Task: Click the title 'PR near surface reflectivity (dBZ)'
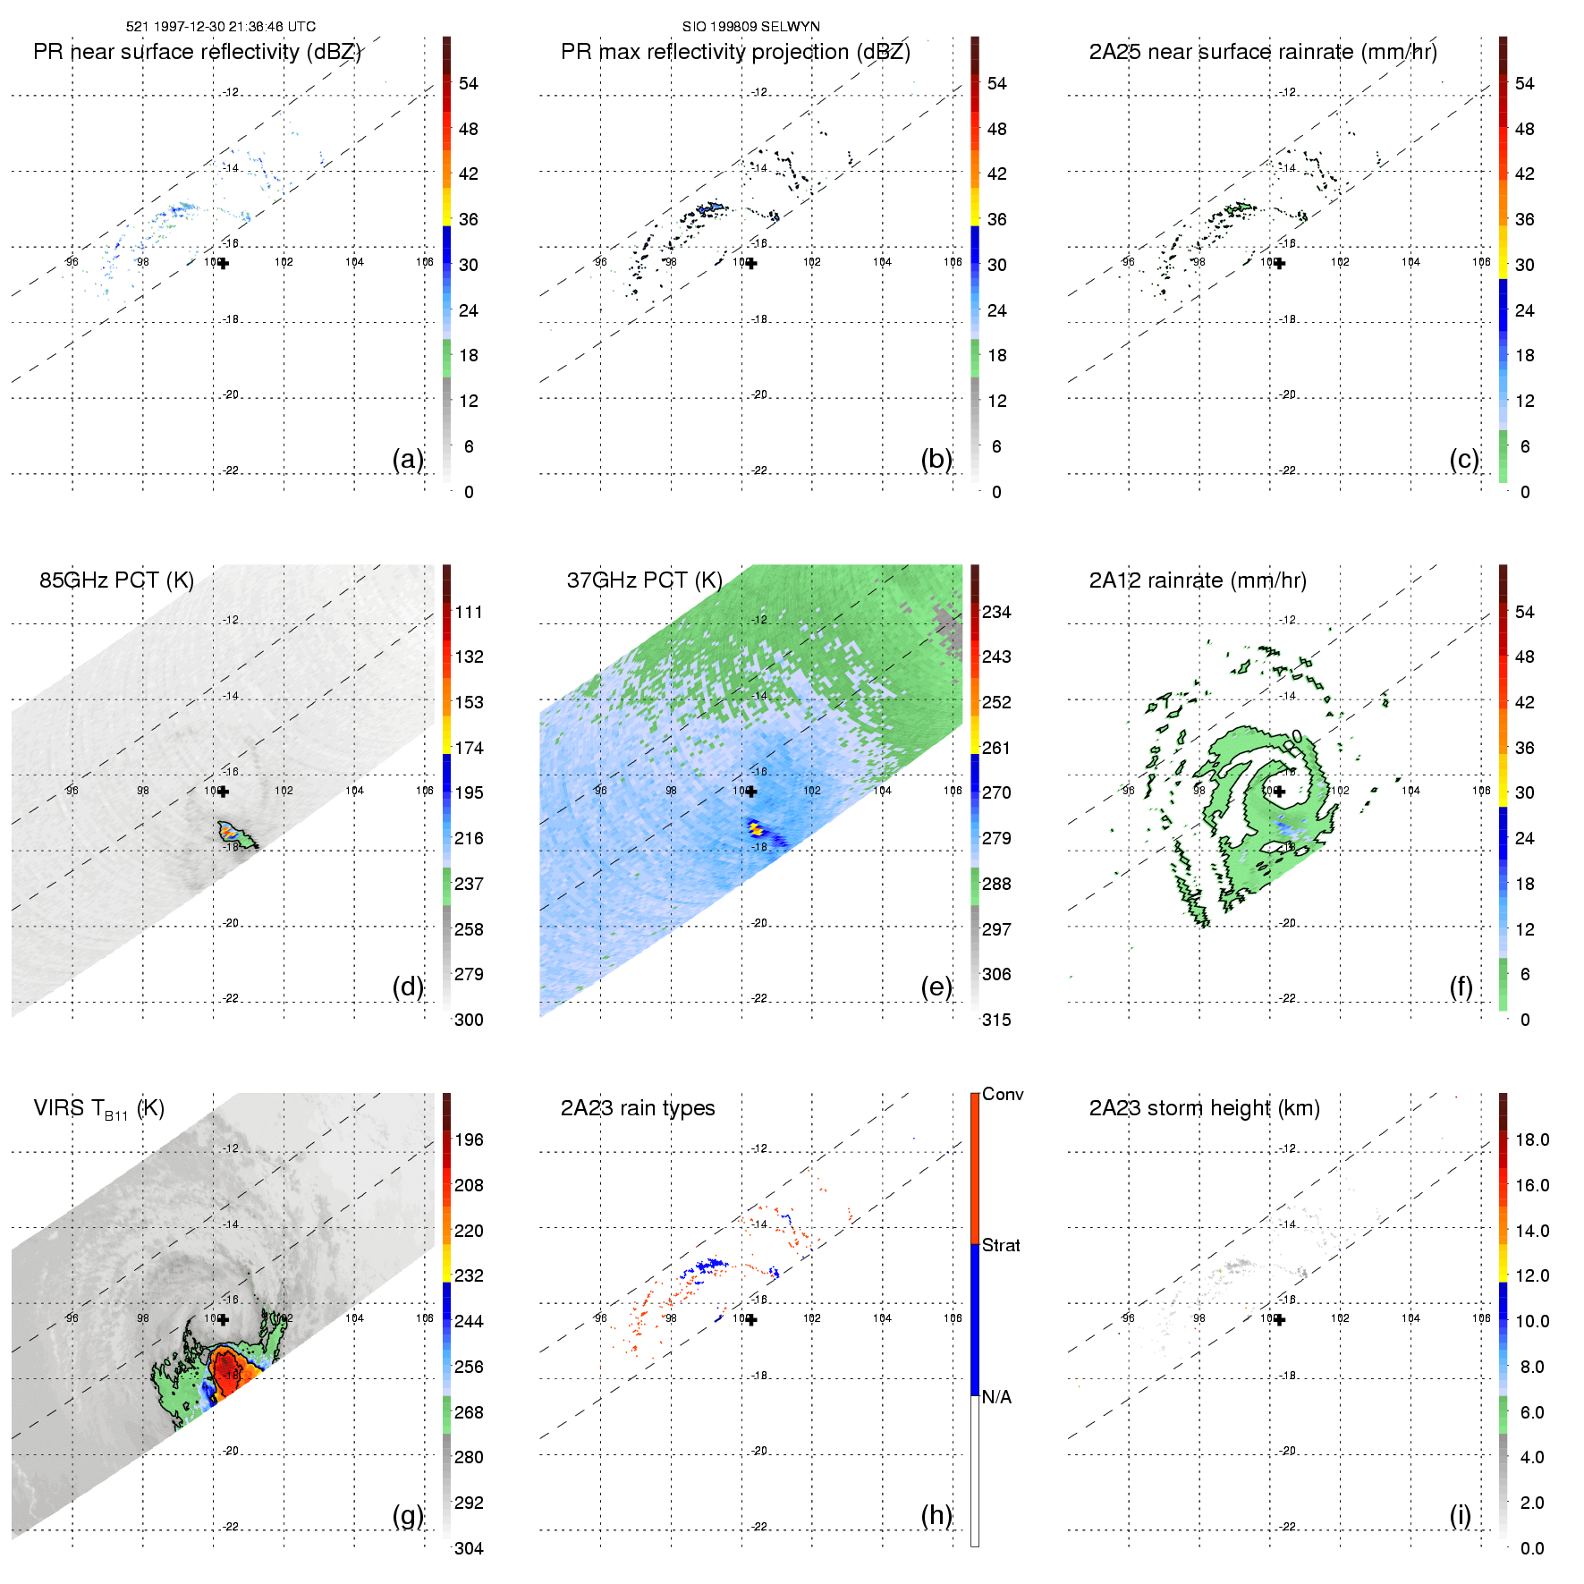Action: click(197, 52)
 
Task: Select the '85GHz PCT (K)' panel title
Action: click(116, 580)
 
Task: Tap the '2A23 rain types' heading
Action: click(637, 1108)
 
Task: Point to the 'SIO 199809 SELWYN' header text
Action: click(750, 27)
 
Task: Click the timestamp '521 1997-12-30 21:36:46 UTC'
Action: click(220, 27)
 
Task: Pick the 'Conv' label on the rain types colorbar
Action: click(1002, 1094)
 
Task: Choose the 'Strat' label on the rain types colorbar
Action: click(1000, 1245)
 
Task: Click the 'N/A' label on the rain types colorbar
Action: click(995, 1397)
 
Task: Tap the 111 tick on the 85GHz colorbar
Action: click(468, 612)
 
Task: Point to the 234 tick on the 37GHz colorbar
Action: click(995, 612)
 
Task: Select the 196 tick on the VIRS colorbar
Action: click(468, 1139)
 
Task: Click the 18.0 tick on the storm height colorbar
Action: click(1531, 1139)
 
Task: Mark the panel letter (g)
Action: click(408, 1515)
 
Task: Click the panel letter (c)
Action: click(1463, 459)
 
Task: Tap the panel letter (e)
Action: click(936, 987)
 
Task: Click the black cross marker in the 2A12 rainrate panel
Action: click(1279, 792)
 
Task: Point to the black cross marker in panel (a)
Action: click(223, 263)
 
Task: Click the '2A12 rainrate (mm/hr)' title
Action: click(1197, 580)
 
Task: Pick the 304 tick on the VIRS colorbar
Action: click(468, 1548)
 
